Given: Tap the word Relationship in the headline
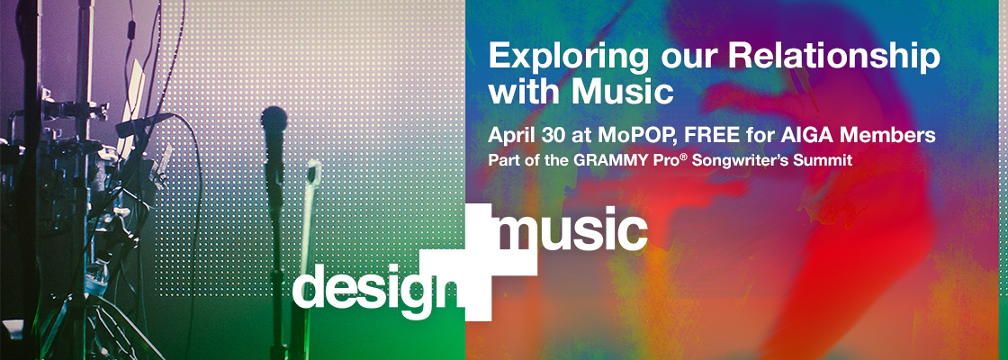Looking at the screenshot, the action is pyautogui.click(x=834, y=58).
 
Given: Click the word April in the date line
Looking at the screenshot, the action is pyautogui.click(x=509, y=136).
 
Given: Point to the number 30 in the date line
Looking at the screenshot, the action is pyautogui.click(x=547, y=136).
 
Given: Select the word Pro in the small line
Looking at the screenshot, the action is pyautogui.click(x=658, y=160).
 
